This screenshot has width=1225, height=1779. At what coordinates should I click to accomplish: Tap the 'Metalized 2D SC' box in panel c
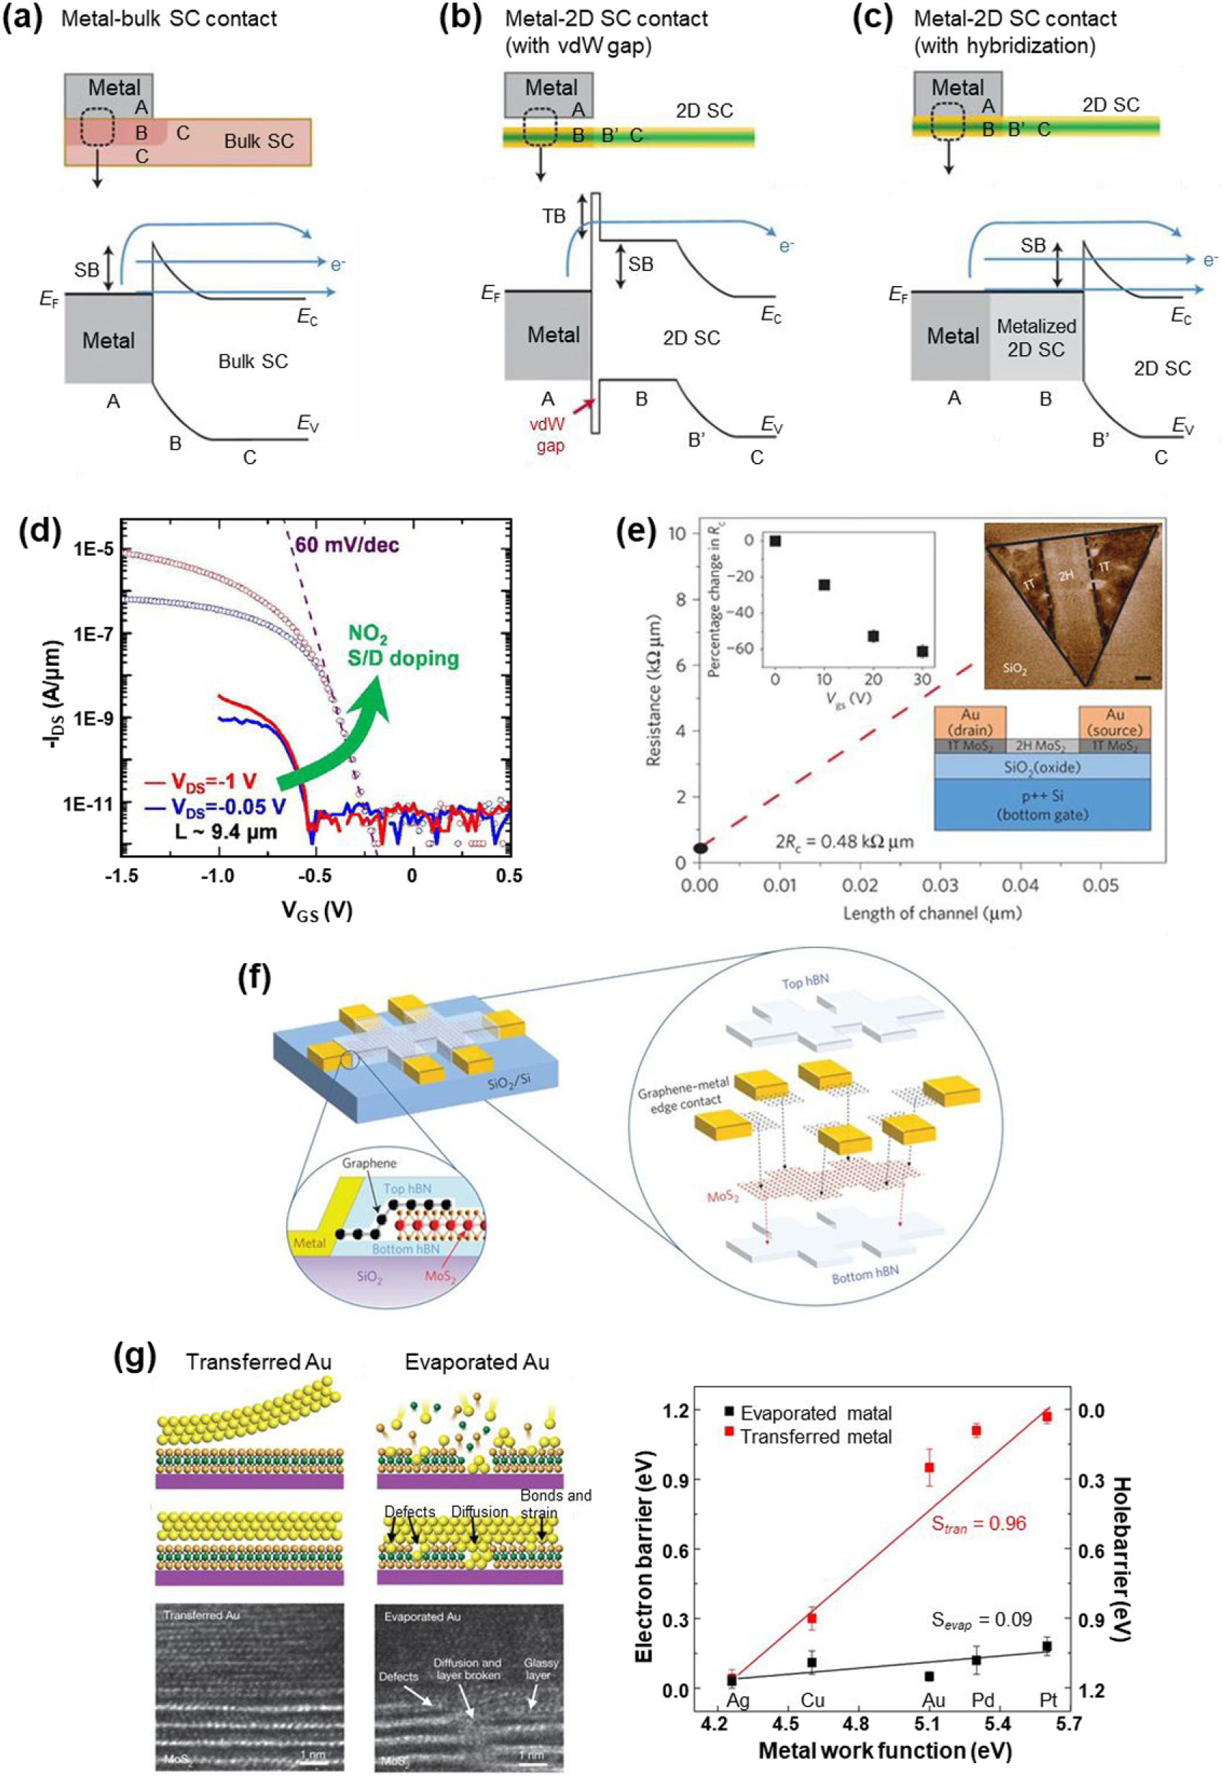click(x=1035, y=337)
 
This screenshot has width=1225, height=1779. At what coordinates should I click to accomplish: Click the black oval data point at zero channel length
click(x=700, y=848)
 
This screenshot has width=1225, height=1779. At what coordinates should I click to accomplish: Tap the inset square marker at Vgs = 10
click(x=824, y=585)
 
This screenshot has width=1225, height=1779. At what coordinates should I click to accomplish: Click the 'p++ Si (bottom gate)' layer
click(x=1042, y=805)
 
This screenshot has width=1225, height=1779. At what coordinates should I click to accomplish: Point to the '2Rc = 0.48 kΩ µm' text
click(x=844, y=842)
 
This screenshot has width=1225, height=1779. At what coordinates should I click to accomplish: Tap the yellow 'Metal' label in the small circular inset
click(x=310, y=1243)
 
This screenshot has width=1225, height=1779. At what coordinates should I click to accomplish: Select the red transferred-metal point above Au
click(x=930, y=1468)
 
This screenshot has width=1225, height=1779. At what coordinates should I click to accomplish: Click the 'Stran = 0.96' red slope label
click(x=978, y=1523)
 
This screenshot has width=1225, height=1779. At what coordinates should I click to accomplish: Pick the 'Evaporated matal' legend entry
click(x=807, y=1413)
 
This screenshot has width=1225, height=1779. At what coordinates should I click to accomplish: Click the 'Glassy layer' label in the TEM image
click(x=541, y=1668)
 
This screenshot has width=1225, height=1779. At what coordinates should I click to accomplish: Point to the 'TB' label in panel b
click(x=554, y=216)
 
